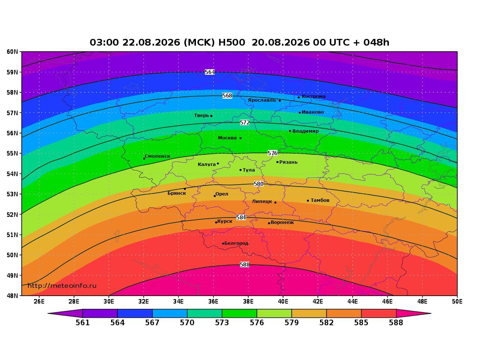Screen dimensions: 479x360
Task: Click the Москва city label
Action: [x=227, y=138]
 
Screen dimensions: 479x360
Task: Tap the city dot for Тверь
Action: [x=211, y=116]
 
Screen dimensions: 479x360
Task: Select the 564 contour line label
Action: [x=210, y=72]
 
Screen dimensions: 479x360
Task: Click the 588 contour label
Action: [x=245, y=265]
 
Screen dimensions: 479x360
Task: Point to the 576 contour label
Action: [x=272, y=153]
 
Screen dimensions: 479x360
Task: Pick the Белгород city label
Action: [x=236, y=243]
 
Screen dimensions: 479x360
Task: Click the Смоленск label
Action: [x=157, y=156]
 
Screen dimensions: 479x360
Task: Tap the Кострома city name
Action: [x=314, y=96]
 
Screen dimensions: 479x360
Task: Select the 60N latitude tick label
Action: [x=12, y=52]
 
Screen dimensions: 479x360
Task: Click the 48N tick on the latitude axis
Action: [x=12, y=296]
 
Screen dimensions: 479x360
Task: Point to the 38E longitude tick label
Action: [x=248, y=302]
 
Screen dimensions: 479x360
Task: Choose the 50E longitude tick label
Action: [x=457, y=302]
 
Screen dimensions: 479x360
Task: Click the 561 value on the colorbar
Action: [x=83, y=323]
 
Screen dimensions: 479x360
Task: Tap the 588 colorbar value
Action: [x=396, y=323]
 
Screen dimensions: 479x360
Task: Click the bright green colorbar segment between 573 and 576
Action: [x=239, y=313]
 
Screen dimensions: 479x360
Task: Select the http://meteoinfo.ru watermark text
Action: [x=62, y=286]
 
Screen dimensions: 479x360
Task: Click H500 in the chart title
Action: [x=231, y=42]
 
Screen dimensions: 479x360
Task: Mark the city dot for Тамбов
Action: [x=308, y=200]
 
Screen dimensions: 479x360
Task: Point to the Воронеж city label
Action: [x=282, y=222]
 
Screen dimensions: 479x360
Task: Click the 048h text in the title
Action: [x=376, y=42]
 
